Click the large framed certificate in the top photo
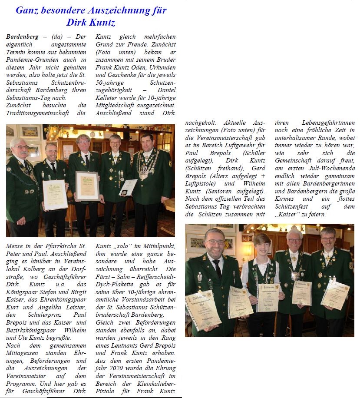click(87, 186)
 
